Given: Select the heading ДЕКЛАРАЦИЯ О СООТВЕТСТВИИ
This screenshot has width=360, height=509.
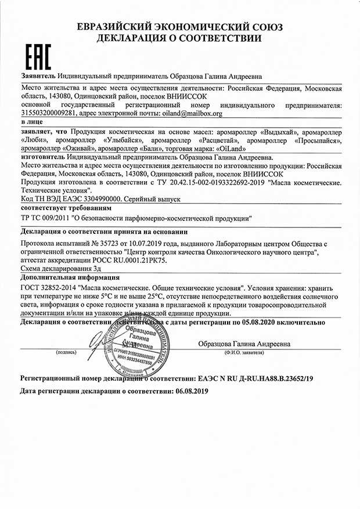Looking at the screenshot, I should coord(179,38).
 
